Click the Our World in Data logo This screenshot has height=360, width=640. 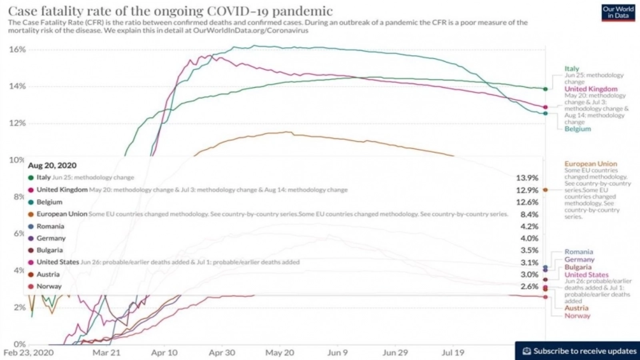click(x=618, y=12)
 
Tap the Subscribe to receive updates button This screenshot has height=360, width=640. click(x=579, y=351)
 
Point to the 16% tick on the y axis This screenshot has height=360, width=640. click(x=17, y=50)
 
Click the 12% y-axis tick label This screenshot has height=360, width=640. click(x=17, y=123)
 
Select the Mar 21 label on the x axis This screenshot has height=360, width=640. click(x=106, y=353)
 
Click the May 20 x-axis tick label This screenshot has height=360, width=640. click(x=280, y=353)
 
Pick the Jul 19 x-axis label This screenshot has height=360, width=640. click(x=453, y=353)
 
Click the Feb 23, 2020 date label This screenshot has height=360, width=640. click(x=28, y=353)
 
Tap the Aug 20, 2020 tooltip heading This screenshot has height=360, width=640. click(x=52, y=166)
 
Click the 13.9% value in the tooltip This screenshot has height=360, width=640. click(x=527, y=178)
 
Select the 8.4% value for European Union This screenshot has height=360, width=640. click(x=529, y=215)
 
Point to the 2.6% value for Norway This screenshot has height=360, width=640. click(x=529, y=286)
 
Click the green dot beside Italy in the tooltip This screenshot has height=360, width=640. click(x=31, y=178)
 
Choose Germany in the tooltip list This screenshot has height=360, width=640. click(x=51, y=238)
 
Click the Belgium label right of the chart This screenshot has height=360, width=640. click(x=578, y=129)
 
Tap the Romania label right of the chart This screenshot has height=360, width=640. click(x=578, y=252)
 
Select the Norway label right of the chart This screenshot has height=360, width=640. click(x=577, y=316)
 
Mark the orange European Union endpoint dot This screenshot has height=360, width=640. click(x=545, y=190)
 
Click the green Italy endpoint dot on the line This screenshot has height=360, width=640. click(x=545, y=89)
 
